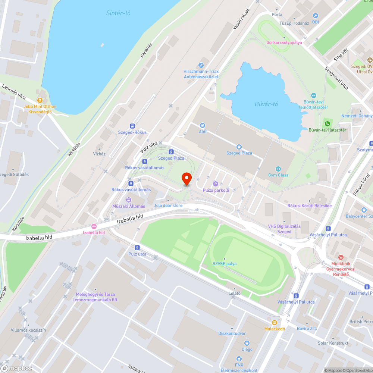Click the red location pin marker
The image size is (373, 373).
pos(186,179)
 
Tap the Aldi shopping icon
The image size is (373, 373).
pos(203,125)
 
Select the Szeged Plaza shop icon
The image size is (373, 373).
pos(239,147)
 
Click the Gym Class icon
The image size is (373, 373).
pos(278,169)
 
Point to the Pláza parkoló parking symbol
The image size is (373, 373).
pos(215,184)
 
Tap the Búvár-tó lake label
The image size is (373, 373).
pos(266,104)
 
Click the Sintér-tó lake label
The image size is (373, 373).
pos(118,13)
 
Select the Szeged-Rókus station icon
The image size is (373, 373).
pos(132,126)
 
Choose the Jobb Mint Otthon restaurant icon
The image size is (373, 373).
pos(40,100)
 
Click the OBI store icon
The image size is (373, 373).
pos(316,16)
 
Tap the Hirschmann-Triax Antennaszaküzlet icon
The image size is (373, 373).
pos(201,65)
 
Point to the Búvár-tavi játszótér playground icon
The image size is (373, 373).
pos(327,123)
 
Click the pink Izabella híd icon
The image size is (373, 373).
pos(94,226)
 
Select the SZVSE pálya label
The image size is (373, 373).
pos(225,264)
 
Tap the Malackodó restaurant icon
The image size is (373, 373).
pos(275,322)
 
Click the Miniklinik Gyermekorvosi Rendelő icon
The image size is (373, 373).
pos(341,257)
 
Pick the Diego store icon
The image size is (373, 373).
pos(247,343)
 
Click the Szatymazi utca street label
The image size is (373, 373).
pos(336,78)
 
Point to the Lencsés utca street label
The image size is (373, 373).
pos(14,92)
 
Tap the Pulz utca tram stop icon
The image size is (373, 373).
pos(137,247)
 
